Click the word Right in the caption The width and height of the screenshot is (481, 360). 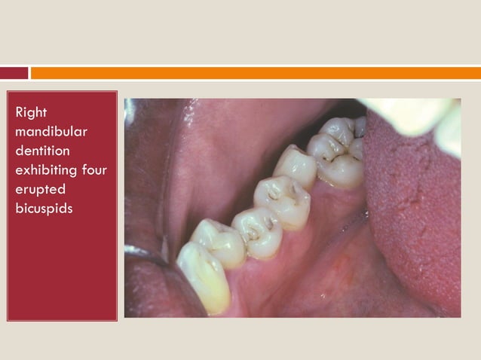(31, 112)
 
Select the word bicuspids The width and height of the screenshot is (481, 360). (44, 208)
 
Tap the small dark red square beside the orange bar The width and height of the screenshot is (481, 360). (14, 73)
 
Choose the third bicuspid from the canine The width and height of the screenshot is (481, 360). (281, 199)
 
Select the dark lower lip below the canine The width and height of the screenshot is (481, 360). (162, 286)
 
